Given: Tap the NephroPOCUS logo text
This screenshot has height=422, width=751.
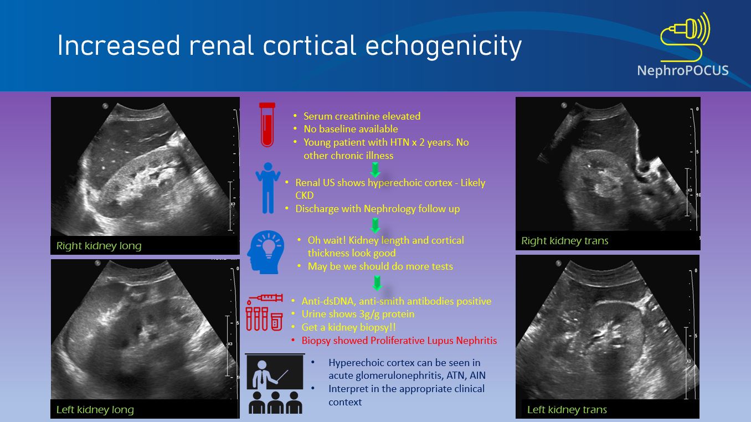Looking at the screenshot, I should [x=682, y=71].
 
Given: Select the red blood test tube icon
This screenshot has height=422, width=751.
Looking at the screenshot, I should [x=268, y=125].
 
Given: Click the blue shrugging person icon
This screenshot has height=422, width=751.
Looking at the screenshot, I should [x=268, y=188].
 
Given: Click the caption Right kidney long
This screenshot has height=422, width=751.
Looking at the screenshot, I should [x=99, y=246].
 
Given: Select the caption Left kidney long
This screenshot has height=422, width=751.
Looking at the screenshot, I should [x=95, y=410].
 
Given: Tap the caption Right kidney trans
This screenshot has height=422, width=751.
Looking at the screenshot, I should [x=565, y=241].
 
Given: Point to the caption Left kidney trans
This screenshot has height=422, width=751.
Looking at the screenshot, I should [x=567, y=410].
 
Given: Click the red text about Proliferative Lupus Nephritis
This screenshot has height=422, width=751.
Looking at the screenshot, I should [x=399, y=341].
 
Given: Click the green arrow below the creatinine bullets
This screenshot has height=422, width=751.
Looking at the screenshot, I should [x=375, y=169].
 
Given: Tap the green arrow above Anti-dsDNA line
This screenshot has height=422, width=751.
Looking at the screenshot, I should [x=377, y=283].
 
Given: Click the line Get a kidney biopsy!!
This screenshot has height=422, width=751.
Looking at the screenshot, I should [x=348, y=327].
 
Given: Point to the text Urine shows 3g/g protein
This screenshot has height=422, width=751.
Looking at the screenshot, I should [x=358, y=314].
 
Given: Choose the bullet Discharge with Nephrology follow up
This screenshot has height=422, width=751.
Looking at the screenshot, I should [x=377, y=209].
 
